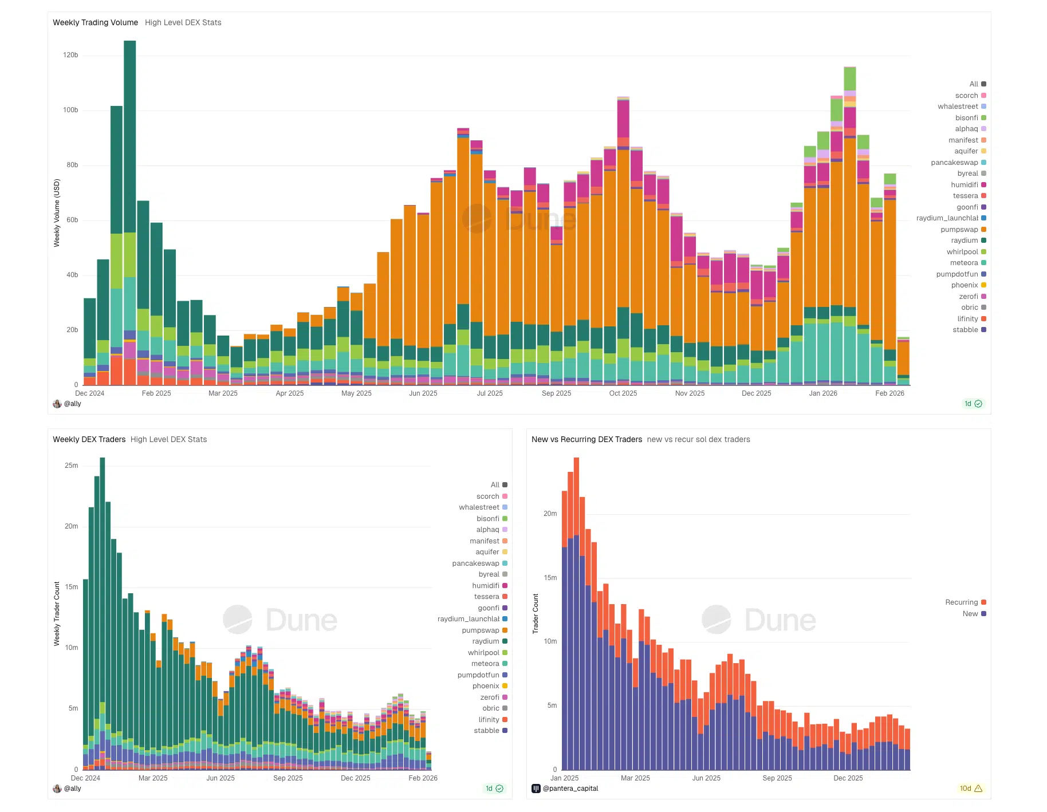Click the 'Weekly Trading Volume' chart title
click(x=95, y=22)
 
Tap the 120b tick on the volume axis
click(x=70, y=55)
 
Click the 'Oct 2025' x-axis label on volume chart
click(x=623, y=393)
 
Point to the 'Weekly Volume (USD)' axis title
click(x=57, y=213)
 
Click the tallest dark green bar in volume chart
click(x=130, y=137)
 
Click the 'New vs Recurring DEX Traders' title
click(x=587, y=439)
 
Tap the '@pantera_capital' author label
click(x=570, y=789)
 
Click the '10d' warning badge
click(x=971, y=789)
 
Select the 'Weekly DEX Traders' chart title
click(x=89, y=439)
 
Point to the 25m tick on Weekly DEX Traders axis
click(x=71, y=466)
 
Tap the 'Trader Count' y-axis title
click(x=536, y=613)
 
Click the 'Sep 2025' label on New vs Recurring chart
click(x=777, y=778)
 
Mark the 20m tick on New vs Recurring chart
click(x=550, y=514)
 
